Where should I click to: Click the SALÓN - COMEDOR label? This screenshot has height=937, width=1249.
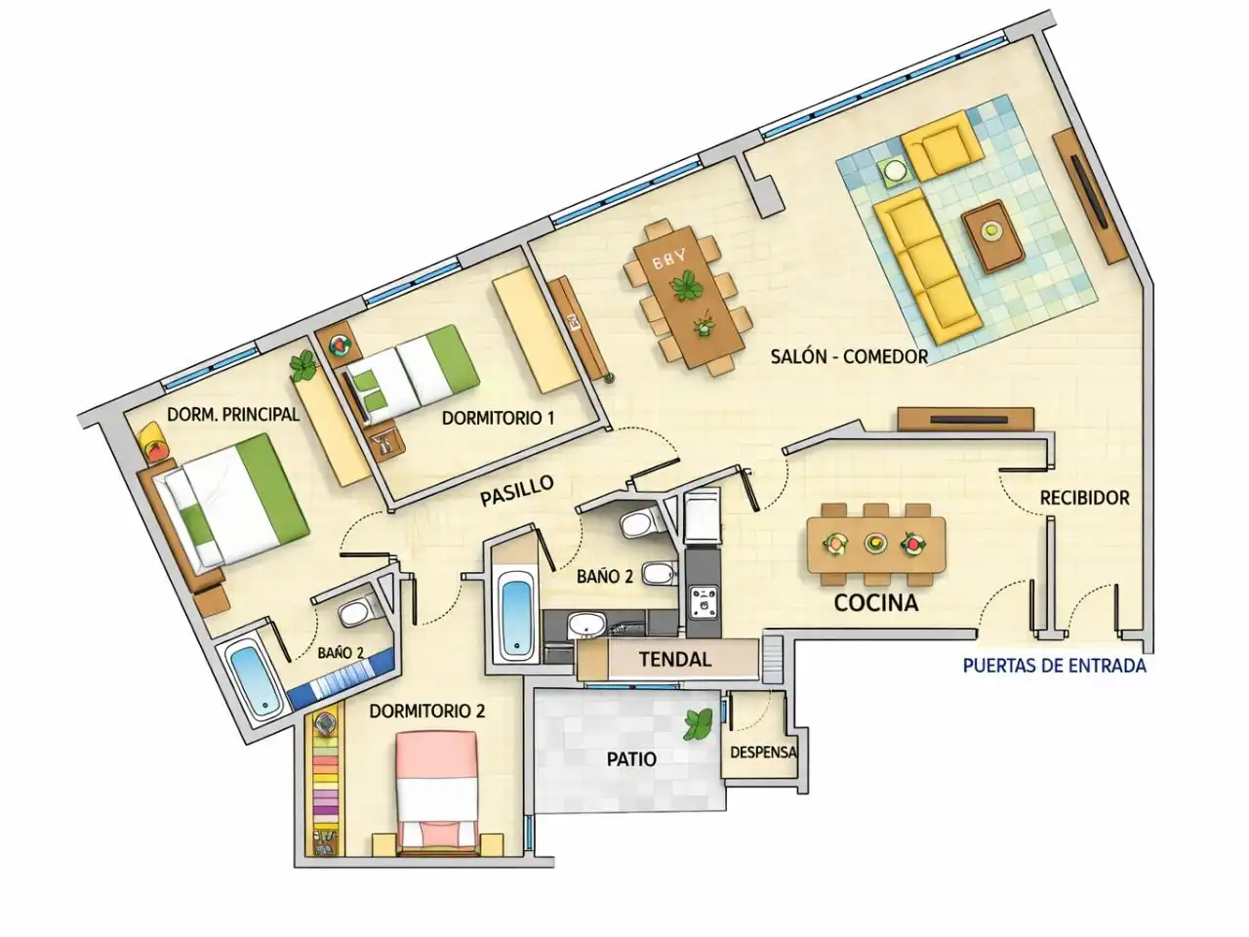tap(849, 356)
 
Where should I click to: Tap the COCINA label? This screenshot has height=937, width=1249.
tap(875, 603)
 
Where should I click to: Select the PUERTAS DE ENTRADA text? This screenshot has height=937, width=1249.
tap(1055, 666)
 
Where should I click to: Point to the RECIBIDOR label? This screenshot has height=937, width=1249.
tap(1084, 498)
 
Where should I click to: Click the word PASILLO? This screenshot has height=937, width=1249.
tap(516, 490)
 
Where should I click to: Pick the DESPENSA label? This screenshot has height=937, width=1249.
tap(763, 753)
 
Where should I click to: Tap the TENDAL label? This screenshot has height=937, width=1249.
tap(675, 660)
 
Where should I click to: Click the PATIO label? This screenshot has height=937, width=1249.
tap(631, 759)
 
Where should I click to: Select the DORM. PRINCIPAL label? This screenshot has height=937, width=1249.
tap(233, 414)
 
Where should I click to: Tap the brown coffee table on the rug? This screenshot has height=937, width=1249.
tap(993, 236)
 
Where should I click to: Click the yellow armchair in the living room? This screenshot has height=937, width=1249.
tap(943, 145)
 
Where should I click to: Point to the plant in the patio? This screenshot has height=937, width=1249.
tap(698, 723)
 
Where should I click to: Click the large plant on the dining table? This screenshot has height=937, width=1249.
tap(687, 286)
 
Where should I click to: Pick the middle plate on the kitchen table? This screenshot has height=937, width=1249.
tap(875, 543)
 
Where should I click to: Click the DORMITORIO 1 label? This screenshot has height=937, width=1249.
tap(498, 418)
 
